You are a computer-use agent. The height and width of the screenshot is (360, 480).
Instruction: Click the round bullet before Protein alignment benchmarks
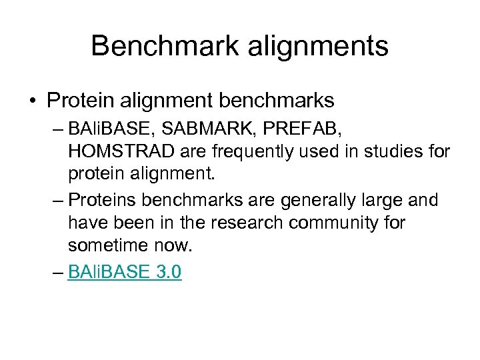click(33, 101)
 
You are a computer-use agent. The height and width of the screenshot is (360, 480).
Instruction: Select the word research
click(248, 223)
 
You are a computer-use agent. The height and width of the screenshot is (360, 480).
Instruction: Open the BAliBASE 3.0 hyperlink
click(124, 272)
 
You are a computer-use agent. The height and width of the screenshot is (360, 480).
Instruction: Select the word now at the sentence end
click(173, 245)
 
